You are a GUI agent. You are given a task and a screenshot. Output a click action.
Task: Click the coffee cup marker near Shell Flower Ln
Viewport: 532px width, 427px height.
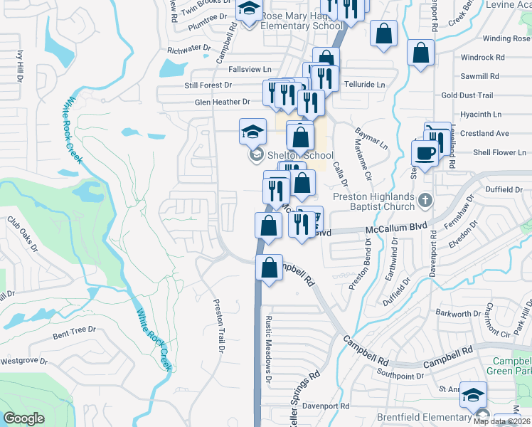[425, 154]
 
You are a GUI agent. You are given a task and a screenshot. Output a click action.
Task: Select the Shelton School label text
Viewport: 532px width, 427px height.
[300, 155]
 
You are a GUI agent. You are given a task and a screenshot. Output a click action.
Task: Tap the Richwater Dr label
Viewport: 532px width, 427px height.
[189, 50]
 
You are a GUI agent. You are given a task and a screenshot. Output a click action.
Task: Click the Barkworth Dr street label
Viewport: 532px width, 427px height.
[458, 313]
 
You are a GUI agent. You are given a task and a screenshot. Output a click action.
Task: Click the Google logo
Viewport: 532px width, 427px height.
[23, 418]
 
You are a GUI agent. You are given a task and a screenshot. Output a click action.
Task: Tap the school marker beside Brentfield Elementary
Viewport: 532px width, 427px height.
[473, 396]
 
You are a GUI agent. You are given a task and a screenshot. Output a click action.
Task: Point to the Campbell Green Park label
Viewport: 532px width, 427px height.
[509, 366]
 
